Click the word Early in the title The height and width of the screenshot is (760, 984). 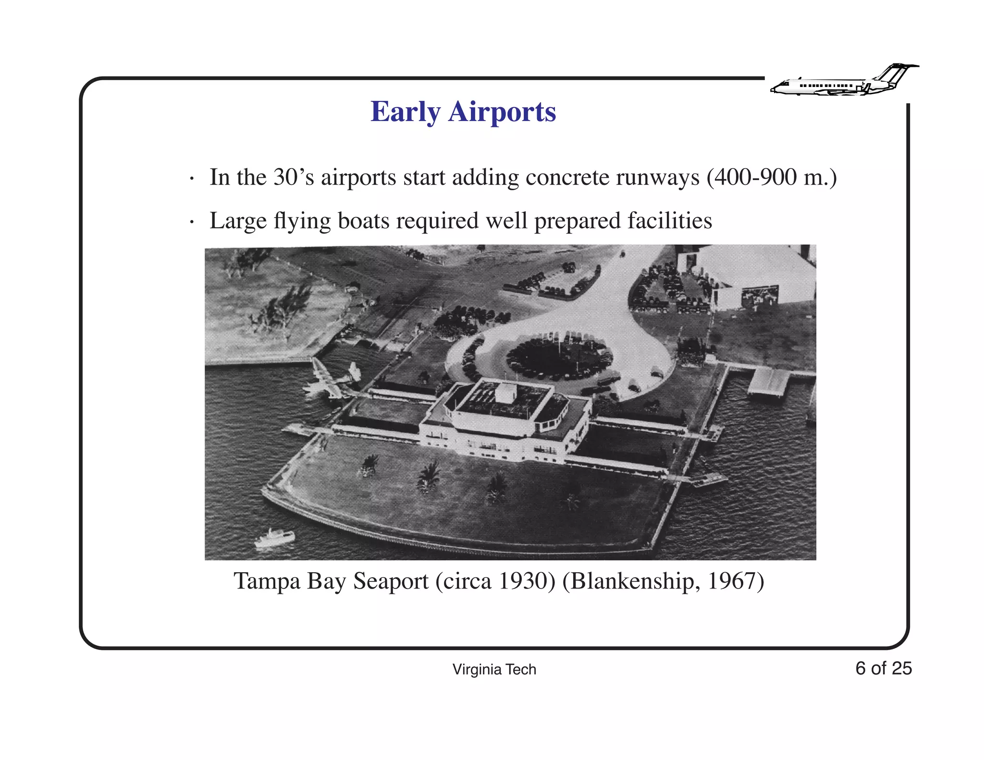point(405,112)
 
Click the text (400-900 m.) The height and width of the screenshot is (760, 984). point(772,177)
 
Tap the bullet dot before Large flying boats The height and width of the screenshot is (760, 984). point(192,222)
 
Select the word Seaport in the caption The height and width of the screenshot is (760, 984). point(391,581)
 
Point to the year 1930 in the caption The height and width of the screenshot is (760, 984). point(524,581)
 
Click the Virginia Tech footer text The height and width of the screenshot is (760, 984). point(494,669)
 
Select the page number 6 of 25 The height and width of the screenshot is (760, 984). point(883,668)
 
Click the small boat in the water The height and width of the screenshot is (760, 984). point(275,538)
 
